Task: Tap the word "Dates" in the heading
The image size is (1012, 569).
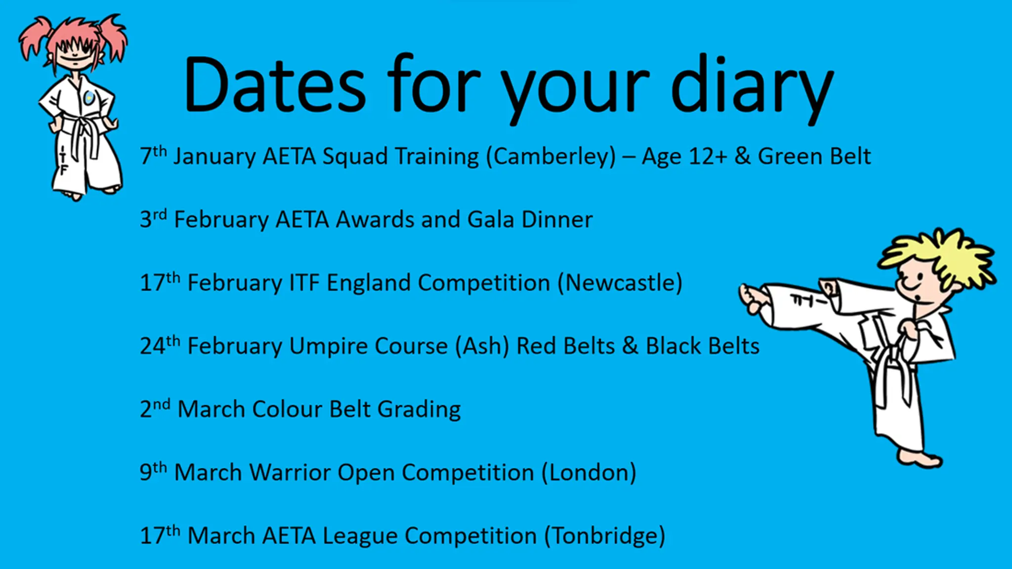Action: pos(274,84)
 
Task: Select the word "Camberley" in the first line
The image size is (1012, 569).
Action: pos(551,157)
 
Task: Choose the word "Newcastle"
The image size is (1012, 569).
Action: pos(620,283)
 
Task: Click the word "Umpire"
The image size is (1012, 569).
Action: pos(328,347)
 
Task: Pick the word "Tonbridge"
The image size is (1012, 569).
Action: pos(605,536)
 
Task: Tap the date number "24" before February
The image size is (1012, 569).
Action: pos(152,346)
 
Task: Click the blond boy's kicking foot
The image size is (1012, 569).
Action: pos(752,298)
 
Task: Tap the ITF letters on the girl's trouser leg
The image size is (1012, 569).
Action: pos(63,161)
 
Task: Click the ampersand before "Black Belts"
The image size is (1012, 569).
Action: pos(630,346)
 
